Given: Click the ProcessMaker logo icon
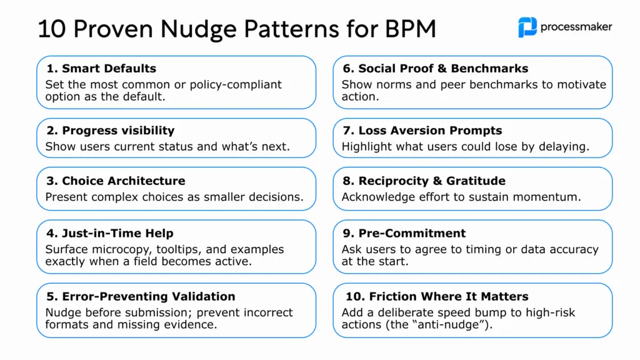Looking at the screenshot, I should tap(527, 27).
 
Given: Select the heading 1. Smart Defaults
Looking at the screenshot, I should tap(101, 68).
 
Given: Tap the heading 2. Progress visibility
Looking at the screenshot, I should tap(109, 131).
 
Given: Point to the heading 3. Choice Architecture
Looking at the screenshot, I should tap(115, 181).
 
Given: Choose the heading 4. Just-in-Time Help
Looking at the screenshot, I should tap(109, 233).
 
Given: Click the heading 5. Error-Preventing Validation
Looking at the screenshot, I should tap(140, 296).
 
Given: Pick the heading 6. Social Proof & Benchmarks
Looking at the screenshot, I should tap(434, 68).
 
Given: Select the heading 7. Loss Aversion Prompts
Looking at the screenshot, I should tap(422, 131).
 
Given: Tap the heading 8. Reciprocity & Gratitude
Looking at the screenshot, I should tap(423, 181).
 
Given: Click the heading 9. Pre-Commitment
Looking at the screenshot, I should tap(404, 233).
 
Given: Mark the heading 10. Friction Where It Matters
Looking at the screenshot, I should tap(431, 296).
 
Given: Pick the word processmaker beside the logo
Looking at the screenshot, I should tap(576, 27).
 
